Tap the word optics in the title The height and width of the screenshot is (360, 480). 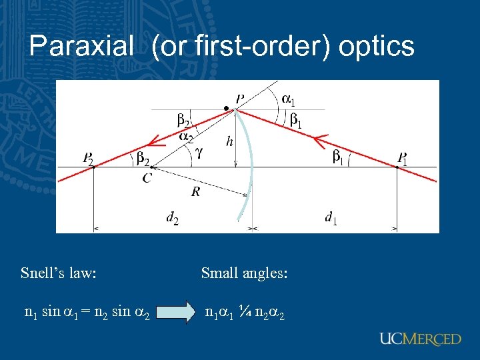tap(377, 46)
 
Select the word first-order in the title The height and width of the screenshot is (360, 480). tap(241, 46)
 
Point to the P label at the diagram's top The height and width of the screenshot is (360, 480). tap(239, 98)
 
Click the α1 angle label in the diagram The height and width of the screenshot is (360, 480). tap(289, 100)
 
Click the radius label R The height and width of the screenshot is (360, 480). tap(195, 192)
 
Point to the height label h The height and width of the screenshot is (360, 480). tap(229, 141)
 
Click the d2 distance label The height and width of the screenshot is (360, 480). tap(172, 217)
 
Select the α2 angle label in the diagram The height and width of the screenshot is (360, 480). tap(187, 137)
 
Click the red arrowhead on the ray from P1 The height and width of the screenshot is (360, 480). tap(320, 140)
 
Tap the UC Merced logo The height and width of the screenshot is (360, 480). tap(420, 339)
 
